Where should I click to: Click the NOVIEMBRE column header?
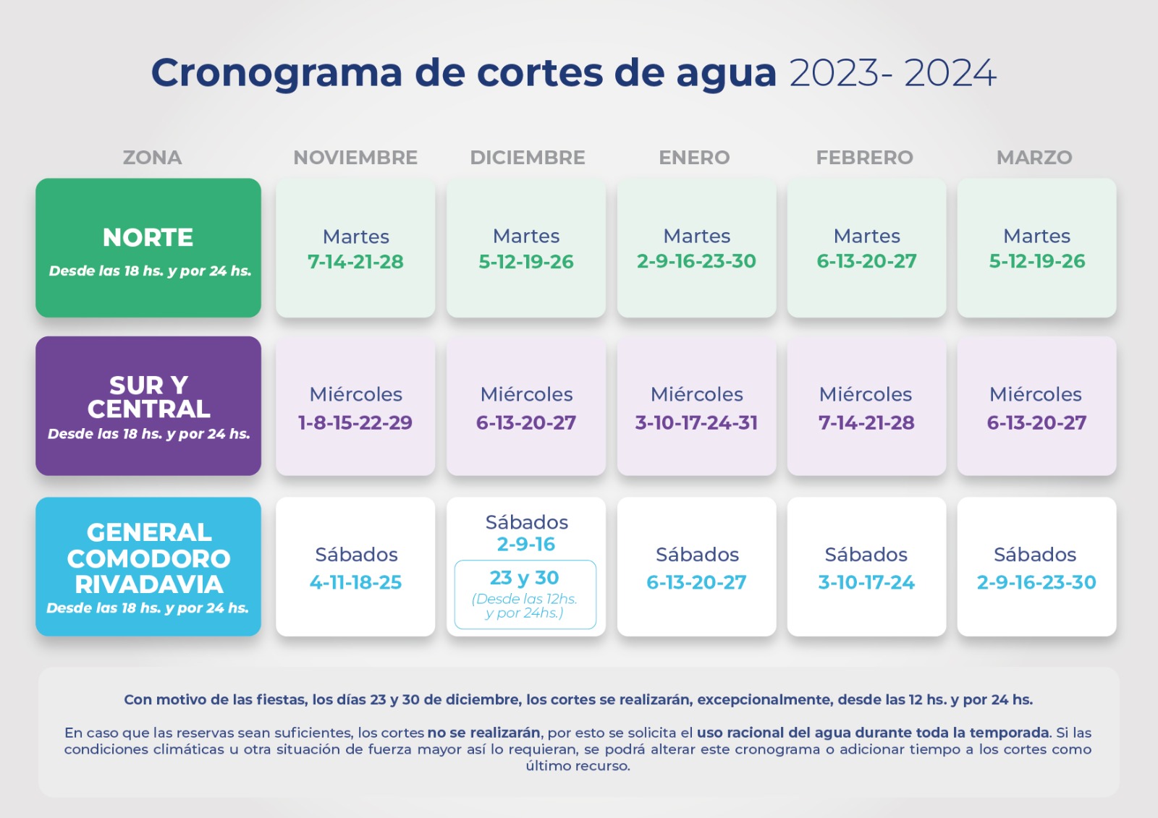coord(355,158)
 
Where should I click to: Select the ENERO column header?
coord(694,158)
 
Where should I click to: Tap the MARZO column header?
coord(1034,158)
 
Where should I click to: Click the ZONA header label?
coord(152,158)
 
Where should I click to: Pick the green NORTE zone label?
coord(148,238)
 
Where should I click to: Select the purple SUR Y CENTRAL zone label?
coord(148,397)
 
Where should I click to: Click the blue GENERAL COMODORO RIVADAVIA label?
coord(148,558)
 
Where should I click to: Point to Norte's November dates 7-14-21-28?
coord(355,262)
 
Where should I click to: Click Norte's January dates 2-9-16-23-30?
coord(696,261)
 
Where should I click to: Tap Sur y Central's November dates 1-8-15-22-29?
coord(355,422)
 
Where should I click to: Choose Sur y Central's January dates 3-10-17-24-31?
coord(696,422)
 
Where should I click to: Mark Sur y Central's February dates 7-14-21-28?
coord(866,422)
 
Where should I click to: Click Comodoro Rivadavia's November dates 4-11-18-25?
coord(355,582)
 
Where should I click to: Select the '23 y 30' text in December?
coord(525,578)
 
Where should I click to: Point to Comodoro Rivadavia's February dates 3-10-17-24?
coord(866,582)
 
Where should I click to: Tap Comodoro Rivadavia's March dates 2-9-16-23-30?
coord(1036,582)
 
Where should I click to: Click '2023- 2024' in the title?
coord(892,73)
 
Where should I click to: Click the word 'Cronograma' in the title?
coord(276,73)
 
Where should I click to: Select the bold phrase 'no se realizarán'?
coord(483,733)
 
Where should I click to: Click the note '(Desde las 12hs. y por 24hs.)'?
coord(525,606)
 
